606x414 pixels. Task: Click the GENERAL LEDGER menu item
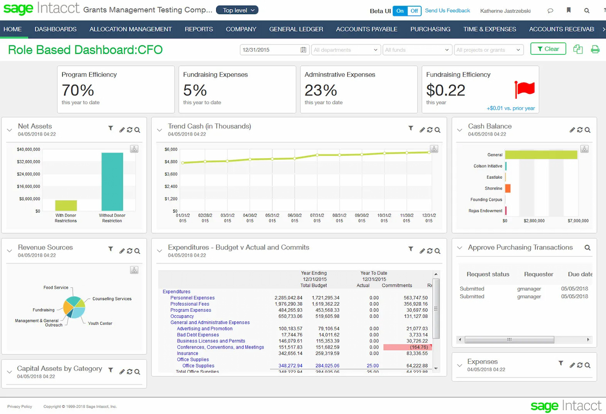point(296,29)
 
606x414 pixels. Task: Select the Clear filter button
point(548,49)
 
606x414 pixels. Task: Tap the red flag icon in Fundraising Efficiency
point(525,89)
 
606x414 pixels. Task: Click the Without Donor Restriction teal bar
point(112,182)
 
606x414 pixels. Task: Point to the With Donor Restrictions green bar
point(66,206)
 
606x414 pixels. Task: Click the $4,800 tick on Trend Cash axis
point(171,162)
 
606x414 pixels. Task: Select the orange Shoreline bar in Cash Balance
point(507,188)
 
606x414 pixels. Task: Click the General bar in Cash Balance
point(541,155)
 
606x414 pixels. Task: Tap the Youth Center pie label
point(100,323)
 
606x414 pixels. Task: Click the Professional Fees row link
point(190,304)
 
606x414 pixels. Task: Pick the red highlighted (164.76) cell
point(407,347)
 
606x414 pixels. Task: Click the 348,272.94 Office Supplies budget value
point(290,366)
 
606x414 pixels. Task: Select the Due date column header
point(580,274)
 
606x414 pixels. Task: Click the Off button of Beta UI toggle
point(414,11)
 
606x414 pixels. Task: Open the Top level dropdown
point(237,10)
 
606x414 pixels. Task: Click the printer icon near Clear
point(595,49)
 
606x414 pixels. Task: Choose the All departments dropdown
point(346,50)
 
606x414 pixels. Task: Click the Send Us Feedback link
point(447,10)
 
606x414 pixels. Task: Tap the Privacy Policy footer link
point(20,406)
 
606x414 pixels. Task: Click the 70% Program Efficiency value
point(78,90)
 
